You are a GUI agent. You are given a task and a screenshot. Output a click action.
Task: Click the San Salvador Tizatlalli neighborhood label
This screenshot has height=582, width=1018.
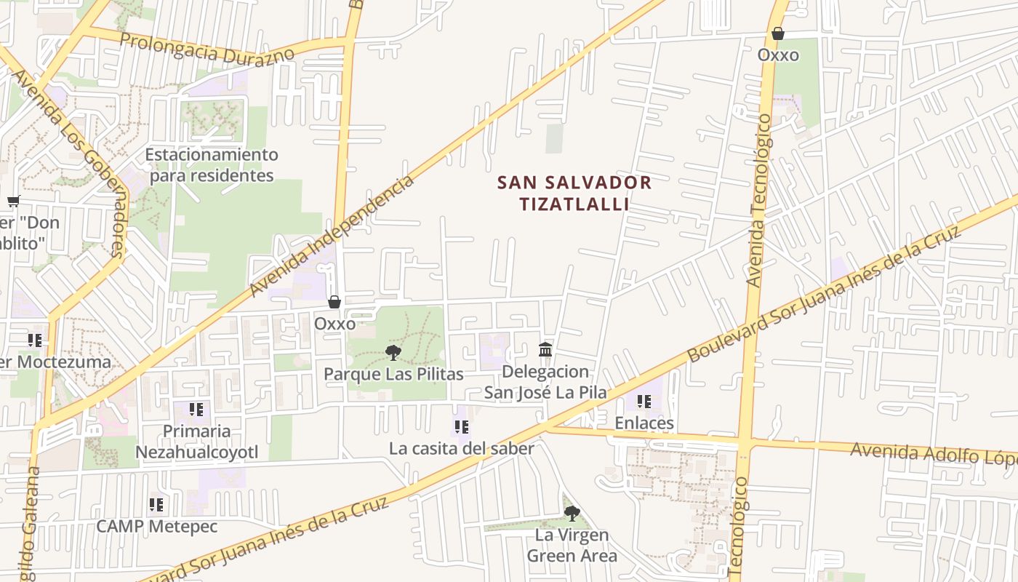click(x=574, y=193)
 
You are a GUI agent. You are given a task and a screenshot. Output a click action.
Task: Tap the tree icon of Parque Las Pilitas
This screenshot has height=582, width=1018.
click(x=393, y=354)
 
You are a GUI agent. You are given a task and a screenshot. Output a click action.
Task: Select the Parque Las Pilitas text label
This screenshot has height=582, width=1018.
click(x=393, y=374)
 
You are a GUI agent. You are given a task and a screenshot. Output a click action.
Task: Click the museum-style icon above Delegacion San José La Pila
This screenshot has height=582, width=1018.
click(x=545, y=350)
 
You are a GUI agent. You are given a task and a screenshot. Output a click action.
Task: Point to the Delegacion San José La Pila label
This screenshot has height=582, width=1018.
click(x=545, y=382)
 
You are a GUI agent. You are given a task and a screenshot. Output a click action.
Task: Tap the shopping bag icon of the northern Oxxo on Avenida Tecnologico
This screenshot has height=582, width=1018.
click(x=778, y=33)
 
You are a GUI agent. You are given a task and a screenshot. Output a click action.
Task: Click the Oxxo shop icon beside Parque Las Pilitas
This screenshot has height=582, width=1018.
click(x=334, y=302)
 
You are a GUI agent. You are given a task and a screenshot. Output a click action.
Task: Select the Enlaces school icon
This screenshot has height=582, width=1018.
click(x=644, y=402)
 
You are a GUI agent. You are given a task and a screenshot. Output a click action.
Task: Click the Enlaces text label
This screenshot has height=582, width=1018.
click(x=644, y=423)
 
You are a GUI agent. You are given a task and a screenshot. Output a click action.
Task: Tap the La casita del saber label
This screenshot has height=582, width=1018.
click(x=461, y=448)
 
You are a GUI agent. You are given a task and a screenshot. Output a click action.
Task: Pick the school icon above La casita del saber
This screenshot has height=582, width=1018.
click(x=461, y=427)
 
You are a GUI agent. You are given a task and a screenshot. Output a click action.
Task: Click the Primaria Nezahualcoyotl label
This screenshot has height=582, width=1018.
click(x=196, y=442)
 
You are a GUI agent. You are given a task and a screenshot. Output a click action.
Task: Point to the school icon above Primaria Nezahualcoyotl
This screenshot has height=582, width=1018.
click(x=196, y=410)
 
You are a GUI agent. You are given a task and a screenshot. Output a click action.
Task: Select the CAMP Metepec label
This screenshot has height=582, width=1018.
click(x=156, y=526)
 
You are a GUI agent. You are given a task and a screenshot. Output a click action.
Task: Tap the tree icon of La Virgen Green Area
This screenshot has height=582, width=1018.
click(x=572, y=514)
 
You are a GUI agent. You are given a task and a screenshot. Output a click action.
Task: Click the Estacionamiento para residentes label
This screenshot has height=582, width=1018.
click(x=212, y=165)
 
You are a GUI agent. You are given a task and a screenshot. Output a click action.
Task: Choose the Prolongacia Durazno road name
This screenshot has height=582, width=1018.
click(x=207, y=47)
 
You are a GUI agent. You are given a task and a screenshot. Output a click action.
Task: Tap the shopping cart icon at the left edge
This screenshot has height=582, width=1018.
click(x=13, y=202)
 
